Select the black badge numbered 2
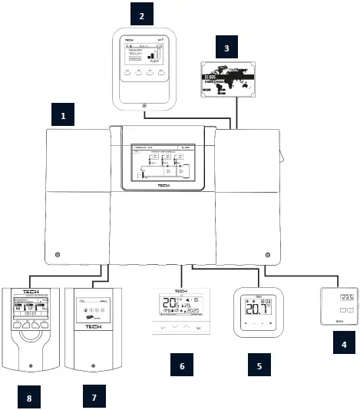pyautogui.click(x=140, y=15)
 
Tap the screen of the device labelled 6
pyautogui.click(x=181, y=304)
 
